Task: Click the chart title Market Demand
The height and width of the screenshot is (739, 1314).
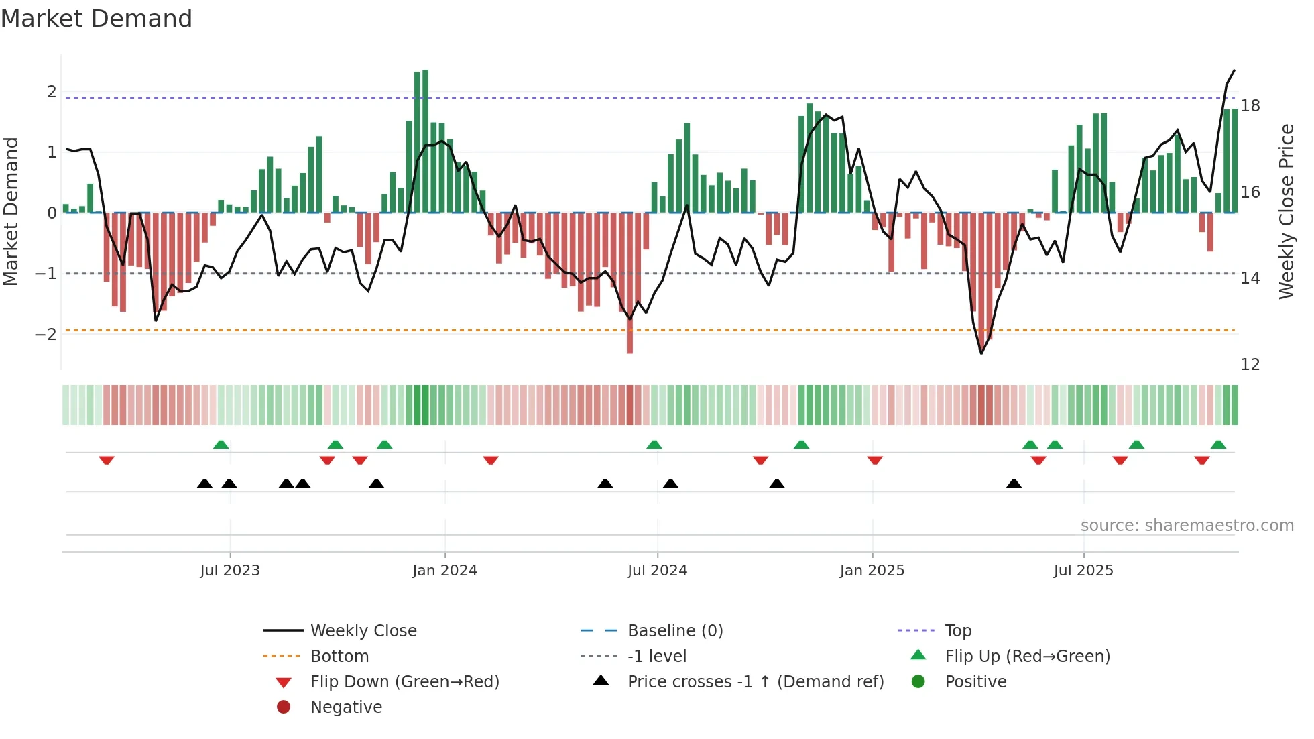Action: click(97, 19)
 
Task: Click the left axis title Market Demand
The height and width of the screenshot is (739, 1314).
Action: click(11, 211)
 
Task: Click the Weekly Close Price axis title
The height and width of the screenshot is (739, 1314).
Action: click(1286, 211)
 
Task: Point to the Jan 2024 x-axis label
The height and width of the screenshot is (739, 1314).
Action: click(444, 571)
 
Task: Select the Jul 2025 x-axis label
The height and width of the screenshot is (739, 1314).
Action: click(1083, 571)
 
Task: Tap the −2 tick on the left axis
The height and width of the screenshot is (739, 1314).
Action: click(46, 334)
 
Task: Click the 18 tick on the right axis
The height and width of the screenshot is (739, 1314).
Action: click(1250, 106)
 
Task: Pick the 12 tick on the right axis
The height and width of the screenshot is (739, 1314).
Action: click(1250, 365)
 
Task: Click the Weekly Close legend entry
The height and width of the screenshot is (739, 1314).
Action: click(363, 631)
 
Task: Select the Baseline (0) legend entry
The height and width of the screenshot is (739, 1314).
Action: click(674, 631)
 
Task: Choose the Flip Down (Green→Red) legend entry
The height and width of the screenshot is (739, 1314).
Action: click(404, 682)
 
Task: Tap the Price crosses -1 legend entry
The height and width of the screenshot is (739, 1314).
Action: click(755, 682)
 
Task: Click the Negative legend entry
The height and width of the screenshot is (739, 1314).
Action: click(346, 707)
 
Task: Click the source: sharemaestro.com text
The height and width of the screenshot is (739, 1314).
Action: click(1187, 526)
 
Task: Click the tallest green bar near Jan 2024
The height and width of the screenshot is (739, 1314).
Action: click(426, 141)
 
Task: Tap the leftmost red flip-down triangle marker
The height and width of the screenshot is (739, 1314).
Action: click(107, 460)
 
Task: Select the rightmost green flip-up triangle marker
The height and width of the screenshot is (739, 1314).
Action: click(1218, 445)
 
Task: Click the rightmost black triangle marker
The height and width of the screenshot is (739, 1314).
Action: click(1014, 484)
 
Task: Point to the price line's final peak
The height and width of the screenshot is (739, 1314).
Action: click(1234, 70)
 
